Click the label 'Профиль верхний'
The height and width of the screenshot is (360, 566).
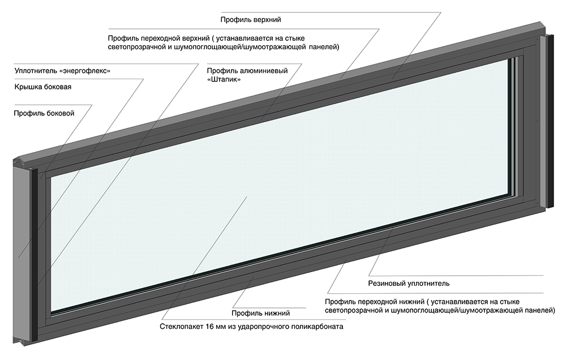click(x=251, y=20)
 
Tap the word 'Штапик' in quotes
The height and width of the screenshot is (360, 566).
click(x=224, y=79)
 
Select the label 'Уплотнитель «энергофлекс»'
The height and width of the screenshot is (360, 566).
click(x=62, y=71)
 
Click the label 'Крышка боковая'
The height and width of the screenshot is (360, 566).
click(x=43, y=87)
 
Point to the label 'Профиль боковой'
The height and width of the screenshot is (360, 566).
click(x=44, y=113)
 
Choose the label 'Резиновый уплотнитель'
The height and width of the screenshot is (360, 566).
click(x=409, y=284)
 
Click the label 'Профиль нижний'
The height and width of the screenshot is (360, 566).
click(x=260, y=313)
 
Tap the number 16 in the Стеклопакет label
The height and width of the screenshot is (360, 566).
click(x=210, y=327)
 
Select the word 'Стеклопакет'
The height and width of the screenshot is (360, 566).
click(x=182, y=327)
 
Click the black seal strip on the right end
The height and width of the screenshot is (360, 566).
click(x=550, y=121)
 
